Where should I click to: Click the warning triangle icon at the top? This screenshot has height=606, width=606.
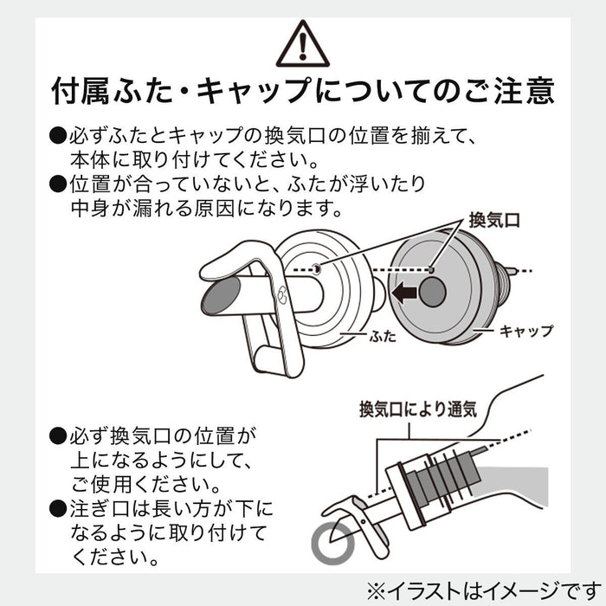303,44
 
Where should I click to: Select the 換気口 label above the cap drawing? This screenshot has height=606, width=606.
494,220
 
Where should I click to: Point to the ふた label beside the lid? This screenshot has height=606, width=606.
383,336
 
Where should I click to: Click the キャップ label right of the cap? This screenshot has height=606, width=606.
526,331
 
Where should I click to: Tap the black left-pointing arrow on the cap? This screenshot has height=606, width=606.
404,293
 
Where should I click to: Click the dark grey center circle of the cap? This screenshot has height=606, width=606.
433,292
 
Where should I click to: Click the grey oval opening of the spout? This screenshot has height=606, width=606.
221,296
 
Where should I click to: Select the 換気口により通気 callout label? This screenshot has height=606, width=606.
418,409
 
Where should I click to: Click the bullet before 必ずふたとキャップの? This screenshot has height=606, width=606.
58,136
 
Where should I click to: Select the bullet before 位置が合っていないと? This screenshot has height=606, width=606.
58,184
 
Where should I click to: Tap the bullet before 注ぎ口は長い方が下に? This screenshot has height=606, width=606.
58,509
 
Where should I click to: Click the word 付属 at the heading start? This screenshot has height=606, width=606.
81,92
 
